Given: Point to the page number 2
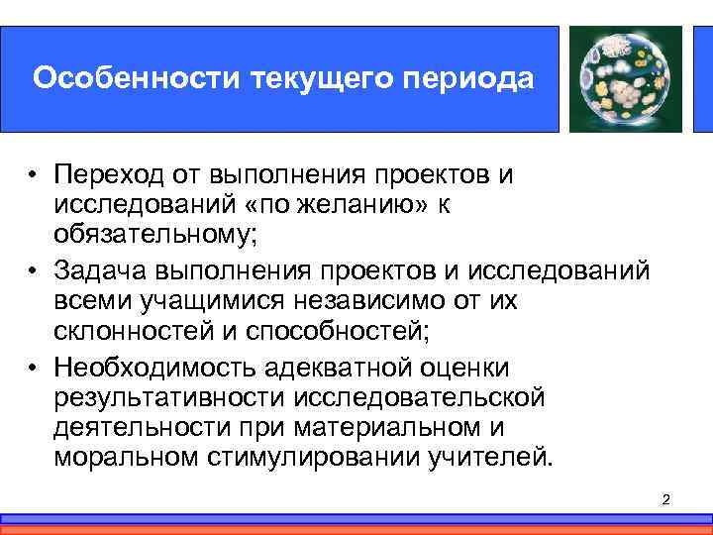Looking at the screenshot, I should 665,500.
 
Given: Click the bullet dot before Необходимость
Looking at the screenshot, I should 33,369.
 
